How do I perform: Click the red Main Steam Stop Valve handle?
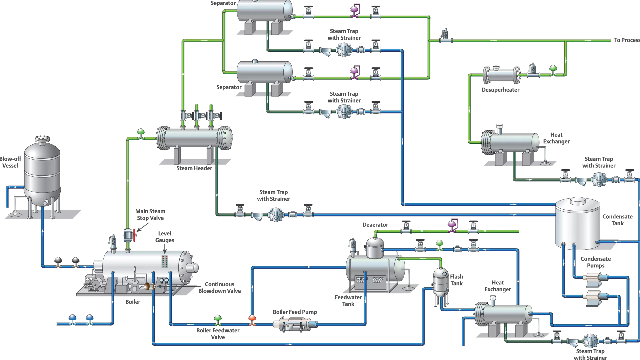[134, 235]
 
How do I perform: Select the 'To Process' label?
[626, 40]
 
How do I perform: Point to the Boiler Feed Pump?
[295, 324]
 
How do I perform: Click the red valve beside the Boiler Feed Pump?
[252, 320]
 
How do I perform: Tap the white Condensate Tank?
[578, 223]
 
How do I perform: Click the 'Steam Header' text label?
[194, 168]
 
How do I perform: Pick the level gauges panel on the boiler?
[165, 261]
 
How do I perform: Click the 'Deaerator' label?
[375, 225]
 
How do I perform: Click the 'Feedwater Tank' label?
[348, 300]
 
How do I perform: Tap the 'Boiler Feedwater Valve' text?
[218, 334]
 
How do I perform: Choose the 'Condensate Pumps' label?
[595, 262]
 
